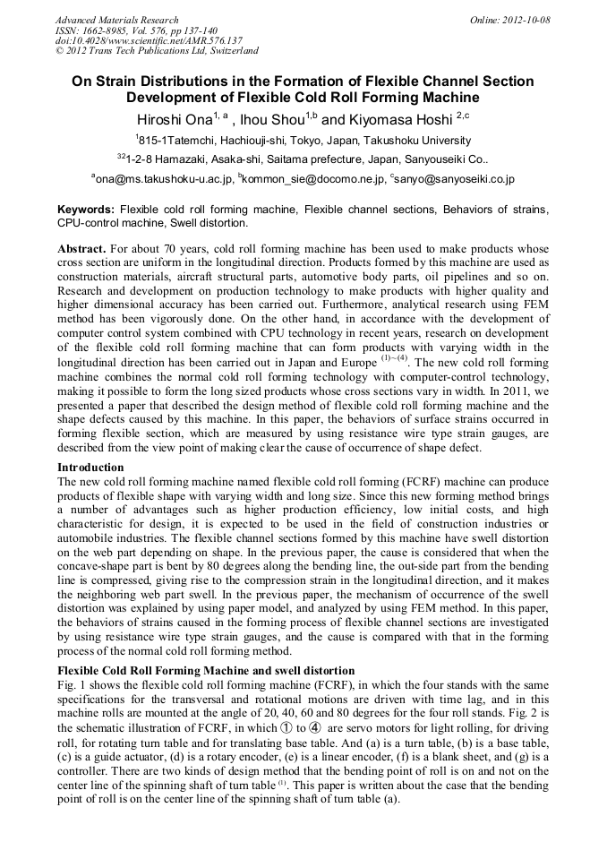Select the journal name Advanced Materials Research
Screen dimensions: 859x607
pyautogui.click(x=117, y=20)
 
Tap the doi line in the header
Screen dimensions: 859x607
pyautogui.click(x=149, y=41)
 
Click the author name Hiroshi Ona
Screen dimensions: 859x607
pyautogui.click(x=174, y=118)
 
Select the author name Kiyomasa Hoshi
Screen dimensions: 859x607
pyautogui.click(x=399, y=118)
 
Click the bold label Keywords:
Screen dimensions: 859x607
pyautogui.click(x=86, y=209)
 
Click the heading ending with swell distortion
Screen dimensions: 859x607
pyautogui.click(x=206, y=670)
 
